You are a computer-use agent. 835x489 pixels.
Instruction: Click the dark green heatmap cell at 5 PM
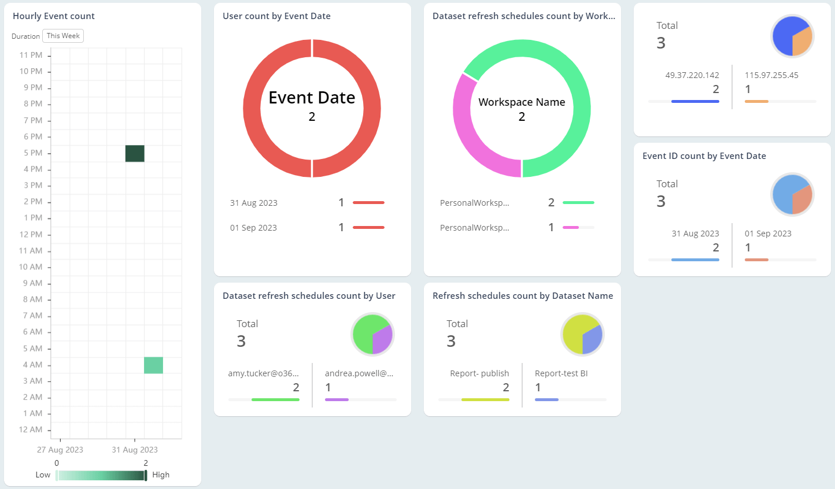tap(135, 154)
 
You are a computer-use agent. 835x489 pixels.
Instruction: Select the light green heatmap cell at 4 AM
tap(153, 365)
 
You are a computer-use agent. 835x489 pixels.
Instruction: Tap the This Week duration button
tap(63, 36)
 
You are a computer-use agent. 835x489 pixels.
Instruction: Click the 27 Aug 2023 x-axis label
tap(60, 450)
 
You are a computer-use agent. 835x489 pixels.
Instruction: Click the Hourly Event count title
tap(54, 16)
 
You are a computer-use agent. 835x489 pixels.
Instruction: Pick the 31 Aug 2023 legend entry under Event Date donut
tap(254, 203)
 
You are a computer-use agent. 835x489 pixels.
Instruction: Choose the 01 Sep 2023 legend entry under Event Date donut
tap(253, 228)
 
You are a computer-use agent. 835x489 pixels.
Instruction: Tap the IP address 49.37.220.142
tap(692, 75)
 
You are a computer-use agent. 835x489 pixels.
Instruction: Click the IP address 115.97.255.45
tap(771, 75)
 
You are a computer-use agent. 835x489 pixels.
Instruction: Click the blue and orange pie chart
tap(792, 36)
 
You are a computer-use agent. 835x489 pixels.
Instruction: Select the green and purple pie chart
tap(372, 334)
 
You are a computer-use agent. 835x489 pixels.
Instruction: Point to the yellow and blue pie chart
tap(582, 334)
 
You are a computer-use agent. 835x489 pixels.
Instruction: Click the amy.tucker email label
tap(264, 373)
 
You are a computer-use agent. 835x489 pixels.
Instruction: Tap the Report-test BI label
tap(561, 373)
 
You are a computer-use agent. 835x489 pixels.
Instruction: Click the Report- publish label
tap(479, 373)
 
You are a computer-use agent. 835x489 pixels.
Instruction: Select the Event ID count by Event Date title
tap(704, 156)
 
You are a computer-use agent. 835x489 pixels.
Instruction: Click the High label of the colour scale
tap(161, 475)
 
